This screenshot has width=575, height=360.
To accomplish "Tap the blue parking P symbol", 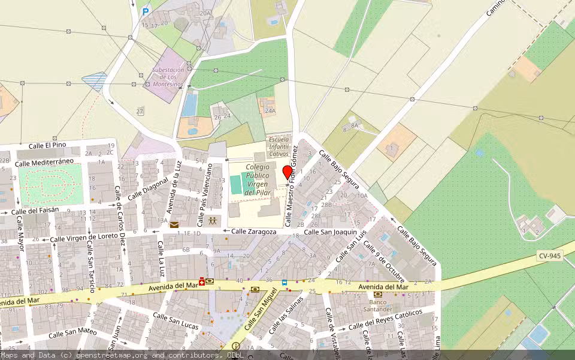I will tap(146, 11).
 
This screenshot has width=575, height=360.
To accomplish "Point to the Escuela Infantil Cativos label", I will tap(279, 146).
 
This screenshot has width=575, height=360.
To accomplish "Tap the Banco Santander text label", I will tap(377, 305).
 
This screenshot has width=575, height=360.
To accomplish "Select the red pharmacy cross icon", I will tap(202, 282).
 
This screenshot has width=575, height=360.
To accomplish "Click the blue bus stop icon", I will tap(285, 282).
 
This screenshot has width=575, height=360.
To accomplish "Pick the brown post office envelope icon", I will tap(174, 225).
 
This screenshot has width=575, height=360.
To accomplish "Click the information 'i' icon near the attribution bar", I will tap(235, 346).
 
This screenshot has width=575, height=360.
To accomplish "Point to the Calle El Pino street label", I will tap(47, 146).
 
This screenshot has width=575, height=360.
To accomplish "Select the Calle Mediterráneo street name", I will tap(44, 162).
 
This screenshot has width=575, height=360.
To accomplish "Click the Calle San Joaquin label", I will tap(330, 232).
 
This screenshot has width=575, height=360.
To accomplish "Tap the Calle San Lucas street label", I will tap(175, 320).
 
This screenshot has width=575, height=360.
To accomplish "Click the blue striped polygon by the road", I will tap(95, 82).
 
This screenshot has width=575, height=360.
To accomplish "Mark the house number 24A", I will tap(270, 110).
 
